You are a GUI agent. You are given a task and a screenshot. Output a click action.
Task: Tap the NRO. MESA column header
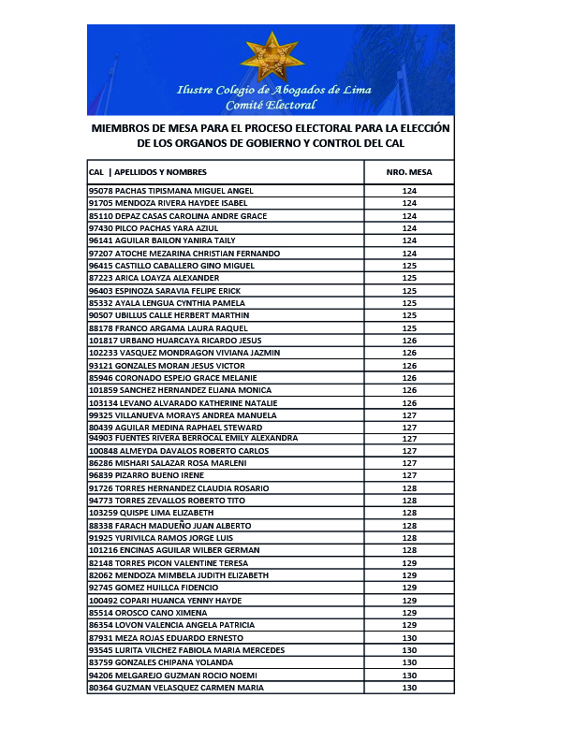[x=408, y=172]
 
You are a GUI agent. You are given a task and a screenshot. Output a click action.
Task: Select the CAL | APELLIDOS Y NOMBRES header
[x=148, y=172]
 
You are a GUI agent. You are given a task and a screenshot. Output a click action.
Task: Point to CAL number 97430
[x=99, y=228]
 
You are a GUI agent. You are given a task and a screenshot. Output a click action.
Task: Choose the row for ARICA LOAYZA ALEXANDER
[x=154, y=278]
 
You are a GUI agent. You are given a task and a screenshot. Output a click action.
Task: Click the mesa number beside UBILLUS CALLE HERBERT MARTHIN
[x=408, y=315]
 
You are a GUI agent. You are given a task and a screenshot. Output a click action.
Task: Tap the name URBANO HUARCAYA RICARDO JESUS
[x=178, y=341]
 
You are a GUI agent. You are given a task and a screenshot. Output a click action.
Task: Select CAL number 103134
[x=102, y=402]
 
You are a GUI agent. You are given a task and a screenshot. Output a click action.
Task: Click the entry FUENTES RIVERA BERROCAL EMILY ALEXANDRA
[x=206, y=438]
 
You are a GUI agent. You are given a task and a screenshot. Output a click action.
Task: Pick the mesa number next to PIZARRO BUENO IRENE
[x=408, y=475]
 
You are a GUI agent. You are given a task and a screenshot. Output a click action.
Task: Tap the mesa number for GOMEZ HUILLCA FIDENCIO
[x=408, y=588]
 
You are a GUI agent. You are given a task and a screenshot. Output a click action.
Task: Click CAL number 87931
[x=99, y=637]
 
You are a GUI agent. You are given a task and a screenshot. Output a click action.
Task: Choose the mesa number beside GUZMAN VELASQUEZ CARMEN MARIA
[x=408, y=688]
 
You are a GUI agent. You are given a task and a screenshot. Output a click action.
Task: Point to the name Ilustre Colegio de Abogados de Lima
[x=273, y=90]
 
